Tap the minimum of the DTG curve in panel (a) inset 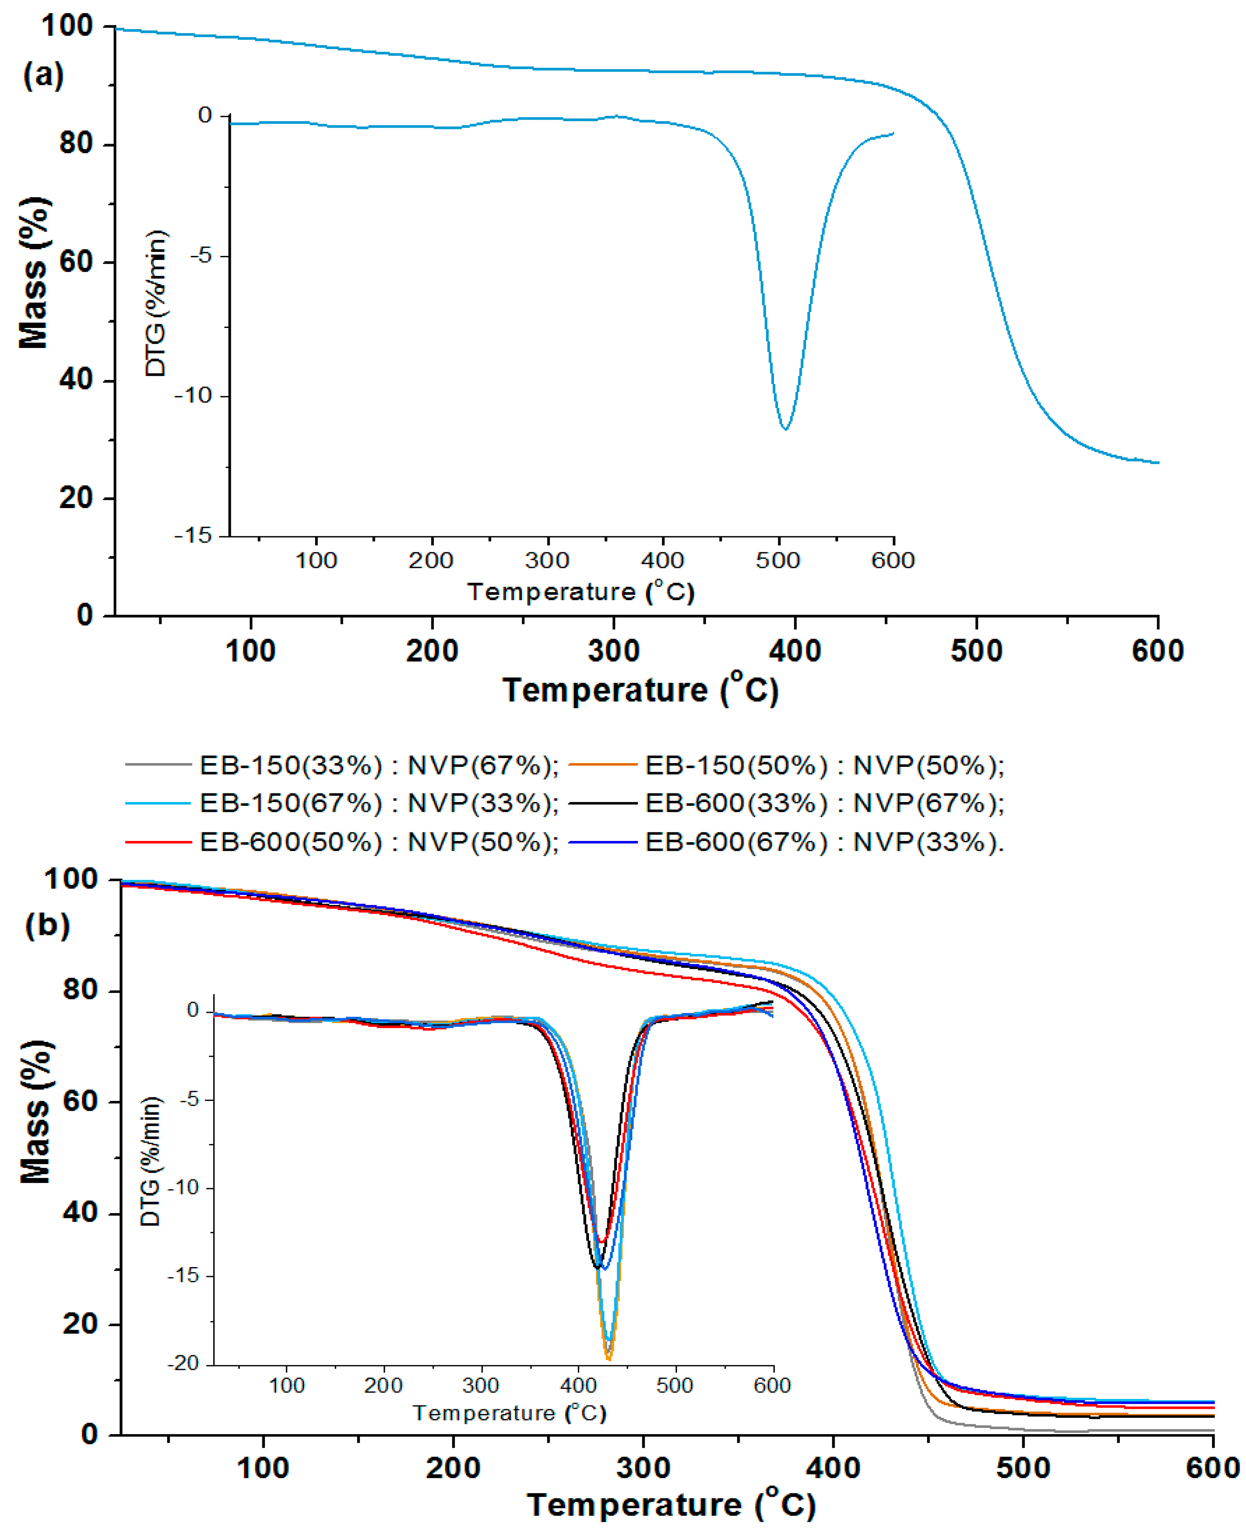click(x=786, y=429)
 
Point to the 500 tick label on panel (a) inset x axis click(x=777, y=560)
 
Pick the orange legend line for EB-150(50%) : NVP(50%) click(x=603, y=765)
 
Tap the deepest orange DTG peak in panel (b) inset click(x=609, y=1359)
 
